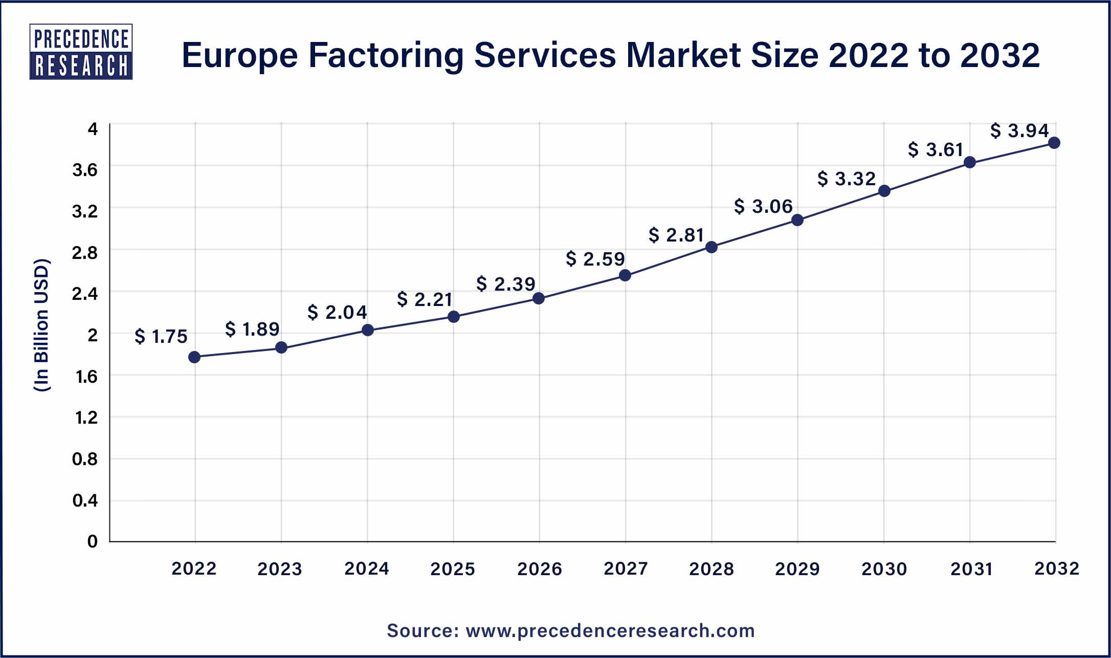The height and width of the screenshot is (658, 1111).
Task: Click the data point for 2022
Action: pos(194,357)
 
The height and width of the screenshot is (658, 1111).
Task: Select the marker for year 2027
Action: pos(625,275)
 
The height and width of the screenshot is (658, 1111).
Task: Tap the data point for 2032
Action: pos(1054,143)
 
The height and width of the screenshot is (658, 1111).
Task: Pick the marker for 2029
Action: pos(797,221)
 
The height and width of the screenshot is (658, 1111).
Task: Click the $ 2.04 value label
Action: pos(337,312)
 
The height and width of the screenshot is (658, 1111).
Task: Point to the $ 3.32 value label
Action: pos(847,179)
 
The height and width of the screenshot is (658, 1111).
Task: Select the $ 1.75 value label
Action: pos(161,336)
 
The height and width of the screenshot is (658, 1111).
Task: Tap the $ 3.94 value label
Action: pos(1019,130)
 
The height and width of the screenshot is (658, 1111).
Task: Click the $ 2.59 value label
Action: pos(595,259)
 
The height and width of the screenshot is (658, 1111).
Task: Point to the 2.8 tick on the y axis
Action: pos(85,252)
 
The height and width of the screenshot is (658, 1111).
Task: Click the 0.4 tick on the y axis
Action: pos(85,500)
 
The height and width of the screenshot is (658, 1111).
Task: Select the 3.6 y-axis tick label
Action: pos(85,170)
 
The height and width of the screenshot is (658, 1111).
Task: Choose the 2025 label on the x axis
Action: pos(453,568)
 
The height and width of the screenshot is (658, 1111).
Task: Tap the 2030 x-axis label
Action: pos(884,568)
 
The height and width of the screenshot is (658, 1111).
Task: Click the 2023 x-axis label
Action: pos(280,568)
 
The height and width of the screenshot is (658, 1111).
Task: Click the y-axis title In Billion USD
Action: pos(41,325)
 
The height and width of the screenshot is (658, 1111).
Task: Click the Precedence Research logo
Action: pos(81,52)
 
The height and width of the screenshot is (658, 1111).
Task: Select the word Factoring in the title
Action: pos(386,55)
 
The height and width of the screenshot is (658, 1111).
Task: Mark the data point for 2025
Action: pos(454,317)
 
